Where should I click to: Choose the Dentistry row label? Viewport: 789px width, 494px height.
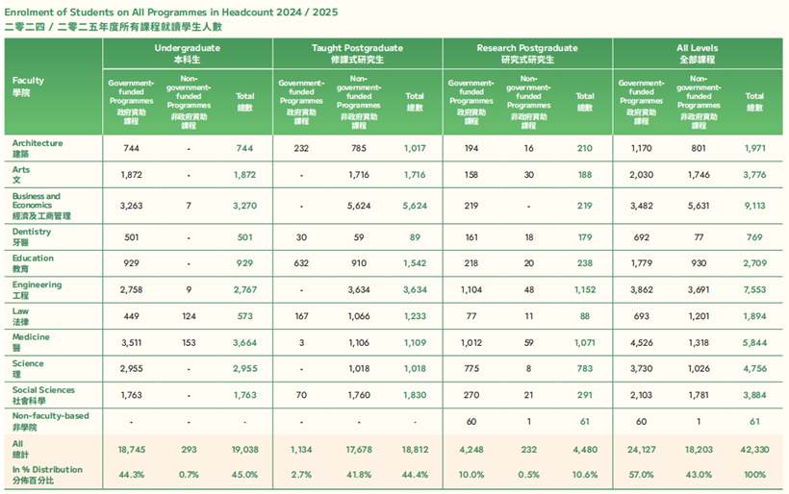(33, 231)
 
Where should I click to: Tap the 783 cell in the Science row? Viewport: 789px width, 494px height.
(584, 368)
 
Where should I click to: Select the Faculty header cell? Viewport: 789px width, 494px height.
(28, 86)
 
